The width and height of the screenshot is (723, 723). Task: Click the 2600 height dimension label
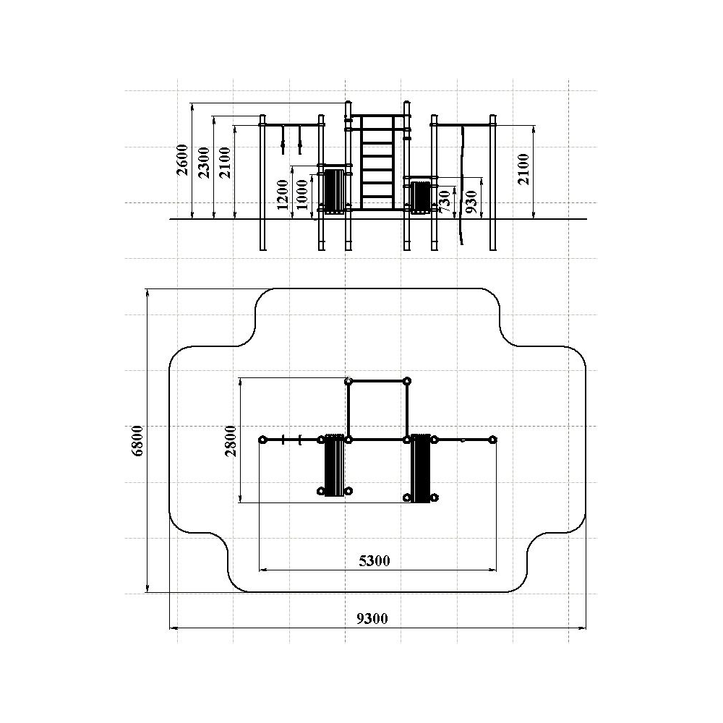pos(183,160)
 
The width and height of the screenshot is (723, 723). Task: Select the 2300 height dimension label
pos(203,162)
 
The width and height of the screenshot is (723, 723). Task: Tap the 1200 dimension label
pos(283,194)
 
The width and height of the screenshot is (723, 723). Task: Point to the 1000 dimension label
pos(301,194)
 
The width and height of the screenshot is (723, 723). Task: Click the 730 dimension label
pos(445,202)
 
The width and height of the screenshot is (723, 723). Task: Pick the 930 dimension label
pos(471,202)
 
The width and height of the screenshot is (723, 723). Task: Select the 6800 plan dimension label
pos(137,440)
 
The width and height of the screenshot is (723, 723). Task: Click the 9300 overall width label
pos(372,618)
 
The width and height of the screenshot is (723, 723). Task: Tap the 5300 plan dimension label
pos(375,561)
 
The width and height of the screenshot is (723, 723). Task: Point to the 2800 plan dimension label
pos(231,441)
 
